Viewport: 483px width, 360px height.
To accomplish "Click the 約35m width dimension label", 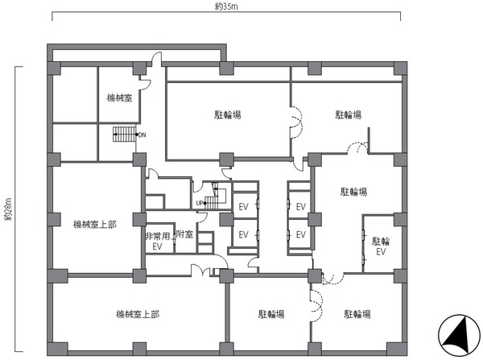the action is point(226,6).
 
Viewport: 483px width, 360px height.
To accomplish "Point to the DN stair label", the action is point(142,135).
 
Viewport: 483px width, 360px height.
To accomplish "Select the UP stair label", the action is point(200,203).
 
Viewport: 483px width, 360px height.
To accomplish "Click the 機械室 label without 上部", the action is point(119,98).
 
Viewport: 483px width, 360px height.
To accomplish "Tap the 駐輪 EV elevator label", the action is point(381,246).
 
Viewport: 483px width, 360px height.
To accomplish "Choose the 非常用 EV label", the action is point(158,242).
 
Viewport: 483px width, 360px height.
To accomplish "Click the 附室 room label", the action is point(184,234).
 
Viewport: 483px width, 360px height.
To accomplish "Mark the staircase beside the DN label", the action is point(124,134).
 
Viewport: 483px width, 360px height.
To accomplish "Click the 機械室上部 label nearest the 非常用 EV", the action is point(95,225).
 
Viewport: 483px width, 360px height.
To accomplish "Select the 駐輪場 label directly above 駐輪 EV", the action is point(353,192).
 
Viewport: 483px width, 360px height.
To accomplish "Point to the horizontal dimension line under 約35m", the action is point(226,12).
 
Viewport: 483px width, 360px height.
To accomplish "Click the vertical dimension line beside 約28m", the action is point(16,209).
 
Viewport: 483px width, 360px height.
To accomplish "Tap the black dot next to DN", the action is point(137,134).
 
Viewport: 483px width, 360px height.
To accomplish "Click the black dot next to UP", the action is point(204,203).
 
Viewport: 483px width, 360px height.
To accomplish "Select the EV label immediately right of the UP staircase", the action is point(243,207).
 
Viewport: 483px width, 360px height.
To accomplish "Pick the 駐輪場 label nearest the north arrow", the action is point(357,314).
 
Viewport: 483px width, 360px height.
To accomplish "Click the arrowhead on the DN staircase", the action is point(114,134).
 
